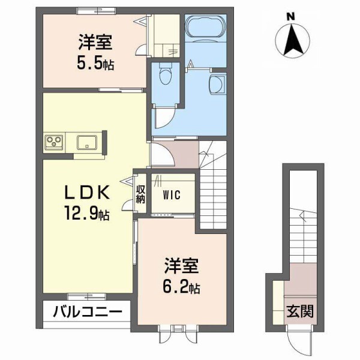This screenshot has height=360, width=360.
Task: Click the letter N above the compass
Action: (x=290, y=16)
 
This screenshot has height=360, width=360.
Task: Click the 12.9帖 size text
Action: (x=86, y=212)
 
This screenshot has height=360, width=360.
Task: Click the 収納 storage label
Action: (x=140, y=194)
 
